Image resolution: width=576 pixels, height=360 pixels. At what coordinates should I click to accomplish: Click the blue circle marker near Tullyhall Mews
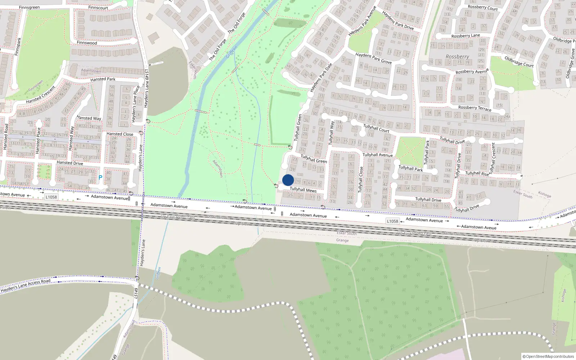(288, 180)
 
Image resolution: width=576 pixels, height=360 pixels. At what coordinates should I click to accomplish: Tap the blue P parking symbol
(100, 177)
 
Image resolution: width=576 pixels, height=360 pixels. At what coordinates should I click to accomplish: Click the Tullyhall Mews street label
(303, 190)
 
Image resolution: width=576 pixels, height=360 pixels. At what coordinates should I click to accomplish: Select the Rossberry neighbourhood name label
(457, 57)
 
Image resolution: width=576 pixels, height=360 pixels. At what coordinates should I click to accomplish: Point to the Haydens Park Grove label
(373, 58)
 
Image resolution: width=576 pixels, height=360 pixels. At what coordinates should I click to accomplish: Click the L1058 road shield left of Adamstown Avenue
(51, 197)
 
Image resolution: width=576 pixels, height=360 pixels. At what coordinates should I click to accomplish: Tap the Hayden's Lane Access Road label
(26, 285)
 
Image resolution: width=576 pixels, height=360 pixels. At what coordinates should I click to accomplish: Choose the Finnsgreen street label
(29, 7)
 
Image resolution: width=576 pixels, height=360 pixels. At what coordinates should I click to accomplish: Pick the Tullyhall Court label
(376, 128)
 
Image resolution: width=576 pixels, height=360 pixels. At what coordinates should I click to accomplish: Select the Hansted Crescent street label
(41, 95)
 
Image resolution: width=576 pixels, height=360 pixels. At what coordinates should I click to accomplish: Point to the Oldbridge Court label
(519, 62)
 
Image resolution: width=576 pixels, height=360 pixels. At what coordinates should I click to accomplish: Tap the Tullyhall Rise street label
(477, 173)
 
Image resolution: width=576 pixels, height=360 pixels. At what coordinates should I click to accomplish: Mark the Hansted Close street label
(120, 134)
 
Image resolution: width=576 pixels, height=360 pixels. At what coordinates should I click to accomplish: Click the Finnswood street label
(87, 42)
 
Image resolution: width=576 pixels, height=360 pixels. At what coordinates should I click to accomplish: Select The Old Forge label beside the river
(217, 49)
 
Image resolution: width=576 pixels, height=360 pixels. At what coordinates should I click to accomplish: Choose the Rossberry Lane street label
(465, 36)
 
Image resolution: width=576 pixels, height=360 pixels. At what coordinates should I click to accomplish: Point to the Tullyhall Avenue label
(377, 155)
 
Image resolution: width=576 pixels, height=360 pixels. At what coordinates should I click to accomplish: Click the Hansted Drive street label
(70, 163)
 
